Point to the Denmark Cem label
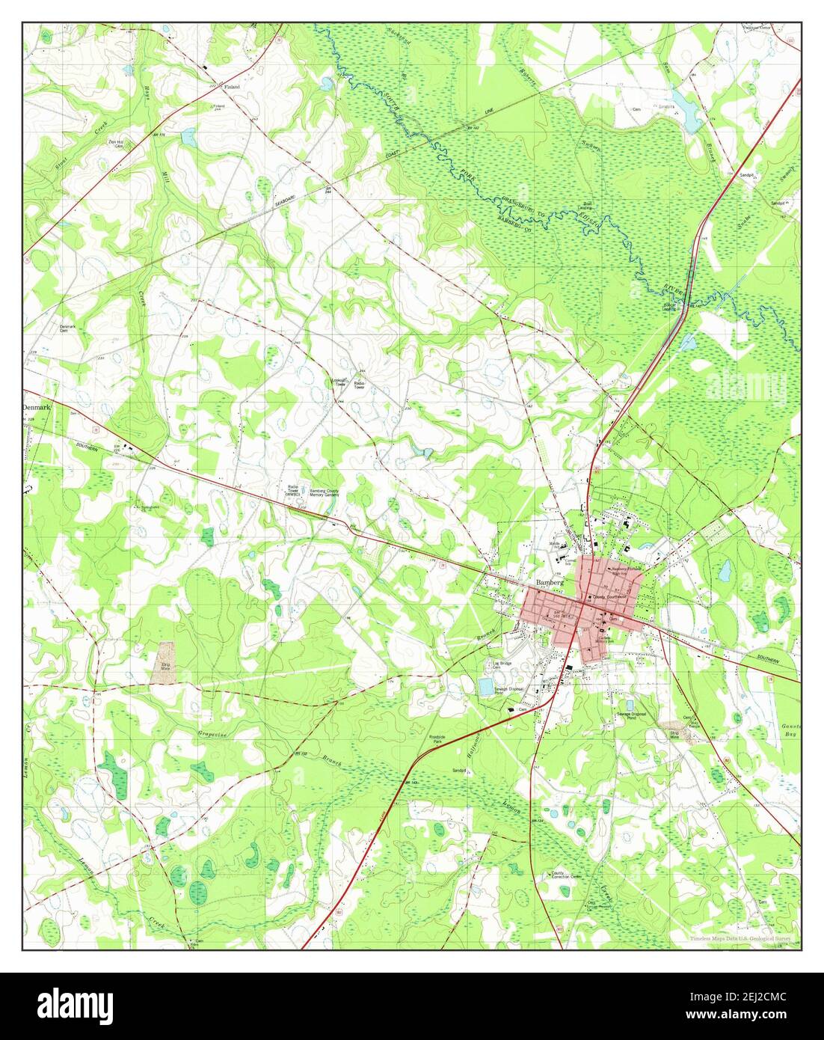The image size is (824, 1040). [68, 328]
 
